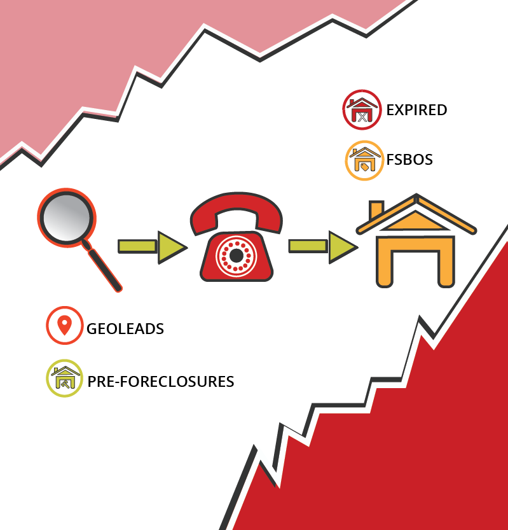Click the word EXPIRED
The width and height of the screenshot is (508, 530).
(x=416, y=110)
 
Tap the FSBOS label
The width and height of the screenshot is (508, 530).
(x=409, y=159)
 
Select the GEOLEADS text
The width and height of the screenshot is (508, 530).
(x=125, y=329)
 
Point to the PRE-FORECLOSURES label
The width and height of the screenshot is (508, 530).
(x=161, y=382)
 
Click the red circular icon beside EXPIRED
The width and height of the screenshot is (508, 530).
(x=362, y=109)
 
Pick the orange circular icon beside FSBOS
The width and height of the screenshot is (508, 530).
(x=364, y=160)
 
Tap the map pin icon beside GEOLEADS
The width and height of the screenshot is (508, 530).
(x=64, y=325)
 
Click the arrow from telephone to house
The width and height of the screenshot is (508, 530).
(x=322, y=246)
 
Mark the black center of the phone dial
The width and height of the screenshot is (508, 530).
(x=236, y=256)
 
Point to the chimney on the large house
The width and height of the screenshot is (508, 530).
(x=376, y=209)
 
